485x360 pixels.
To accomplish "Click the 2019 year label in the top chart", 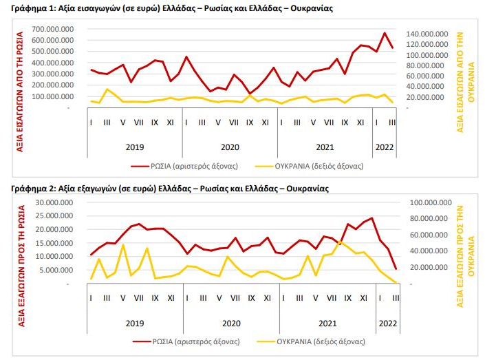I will pyautogui.click(x=134, y=146).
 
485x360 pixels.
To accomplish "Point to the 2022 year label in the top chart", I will pyautogui.click(x=384, y=146).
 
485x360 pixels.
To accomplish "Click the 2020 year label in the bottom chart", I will pyautogui.click(x=231, y=321).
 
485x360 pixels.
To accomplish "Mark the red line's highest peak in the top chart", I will pyautogui.click(x=385, y=33).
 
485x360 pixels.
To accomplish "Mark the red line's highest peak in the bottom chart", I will pyautogui.click(x=372, y=218).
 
